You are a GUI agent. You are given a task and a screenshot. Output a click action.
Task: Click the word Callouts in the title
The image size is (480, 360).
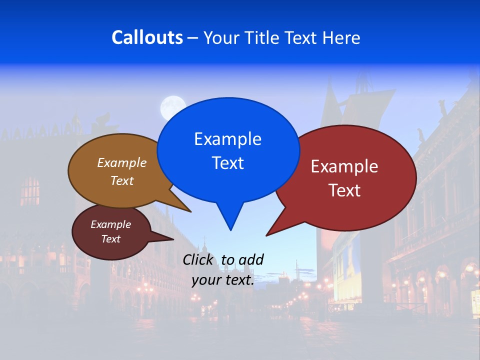[x=147, y=37]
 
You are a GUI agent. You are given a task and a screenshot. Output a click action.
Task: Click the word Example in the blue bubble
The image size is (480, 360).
[x=227, y=139]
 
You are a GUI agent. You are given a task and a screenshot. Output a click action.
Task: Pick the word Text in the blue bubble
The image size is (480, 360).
[x=227, y=163]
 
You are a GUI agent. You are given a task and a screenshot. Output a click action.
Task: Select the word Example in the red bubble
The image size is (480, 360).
[x=344, y=166]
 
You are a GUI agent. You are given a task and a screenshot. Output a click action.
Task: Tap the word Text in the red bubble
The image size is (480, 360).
[x=344, y=190]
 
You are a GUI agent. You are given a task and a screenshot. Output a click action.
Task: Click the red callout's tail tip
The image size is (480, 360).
[x=267, y=235]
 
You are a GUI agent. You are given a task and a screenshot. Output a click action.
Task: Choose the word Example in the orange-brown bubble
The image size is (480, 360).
[x=122, y=162]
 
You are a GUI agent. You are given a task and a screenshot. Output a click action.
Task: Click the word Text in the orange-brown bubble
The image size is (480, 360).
[x=122, y=180]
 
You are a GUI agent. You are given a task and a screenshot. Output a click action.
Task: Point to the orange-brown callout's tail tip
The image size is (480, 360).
[x=190, y=211]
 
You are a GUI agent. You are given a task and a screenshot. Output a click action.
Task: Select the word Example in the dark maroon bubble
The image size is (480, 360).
[x=110, y=224]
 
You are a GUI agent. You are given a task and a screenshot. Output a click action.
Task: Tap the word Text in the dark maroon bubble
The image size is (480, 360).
[x=110, y=239]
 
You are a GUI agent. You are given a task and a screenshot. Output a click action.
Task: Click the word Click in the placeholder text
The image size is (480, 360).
[x=199, y=259]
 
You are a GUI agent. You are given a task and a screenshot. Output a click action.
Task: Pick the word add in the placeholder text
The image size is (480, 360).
[x=250, y=259]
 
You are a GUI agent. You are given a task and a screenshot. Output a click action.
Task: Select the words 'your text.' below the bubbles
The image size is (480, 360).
[x=223, y=280]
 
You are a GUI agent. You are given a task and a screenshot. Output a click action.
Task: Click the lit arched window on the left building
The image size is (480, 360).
[x=30, y=191]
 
